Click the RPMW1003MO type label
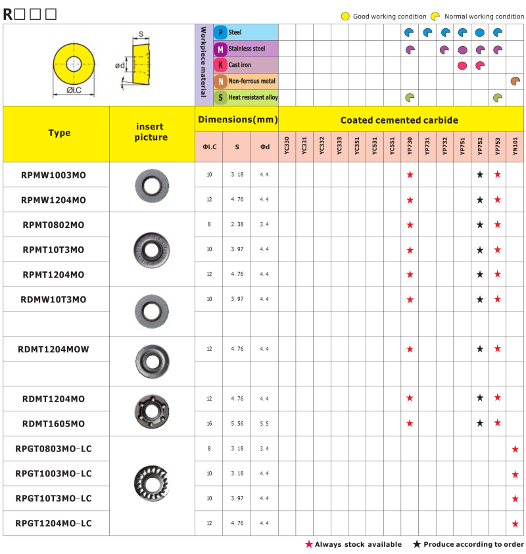click(x=53, y=175)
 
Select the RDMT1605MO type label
click(x=53, y=424)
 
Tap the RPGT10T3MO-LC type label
click(x=53, y=498)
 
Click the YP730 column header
click(x=410, y=145)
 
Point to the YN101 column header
click(x=515, y=145)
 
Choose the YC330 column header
click(x=287, y=145)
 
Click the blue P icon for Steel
click(x=221, y=32)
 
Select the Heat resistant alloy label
click(x=252, y=97)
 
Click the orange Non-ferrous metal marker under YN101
click(x=515, y=81)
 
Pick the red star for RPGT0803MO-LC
click(x=515, y=449)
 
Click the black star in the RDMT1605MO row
click(x=480, y=423)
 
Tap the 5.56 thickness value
click(x=237, y=424)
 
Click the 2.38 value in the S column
click(x=237, y=225)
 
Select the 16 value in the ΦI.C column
click(x=209, y=424)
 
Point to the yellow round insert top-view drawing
click(x=74, y=65)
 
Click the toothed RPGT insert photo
click(x=151, y=485)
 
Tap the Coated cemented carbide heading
click(x=399, y=120)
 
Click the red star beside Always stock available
click(x=308, y=544)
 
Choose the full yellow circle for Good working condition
click(x=345, y=16)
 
